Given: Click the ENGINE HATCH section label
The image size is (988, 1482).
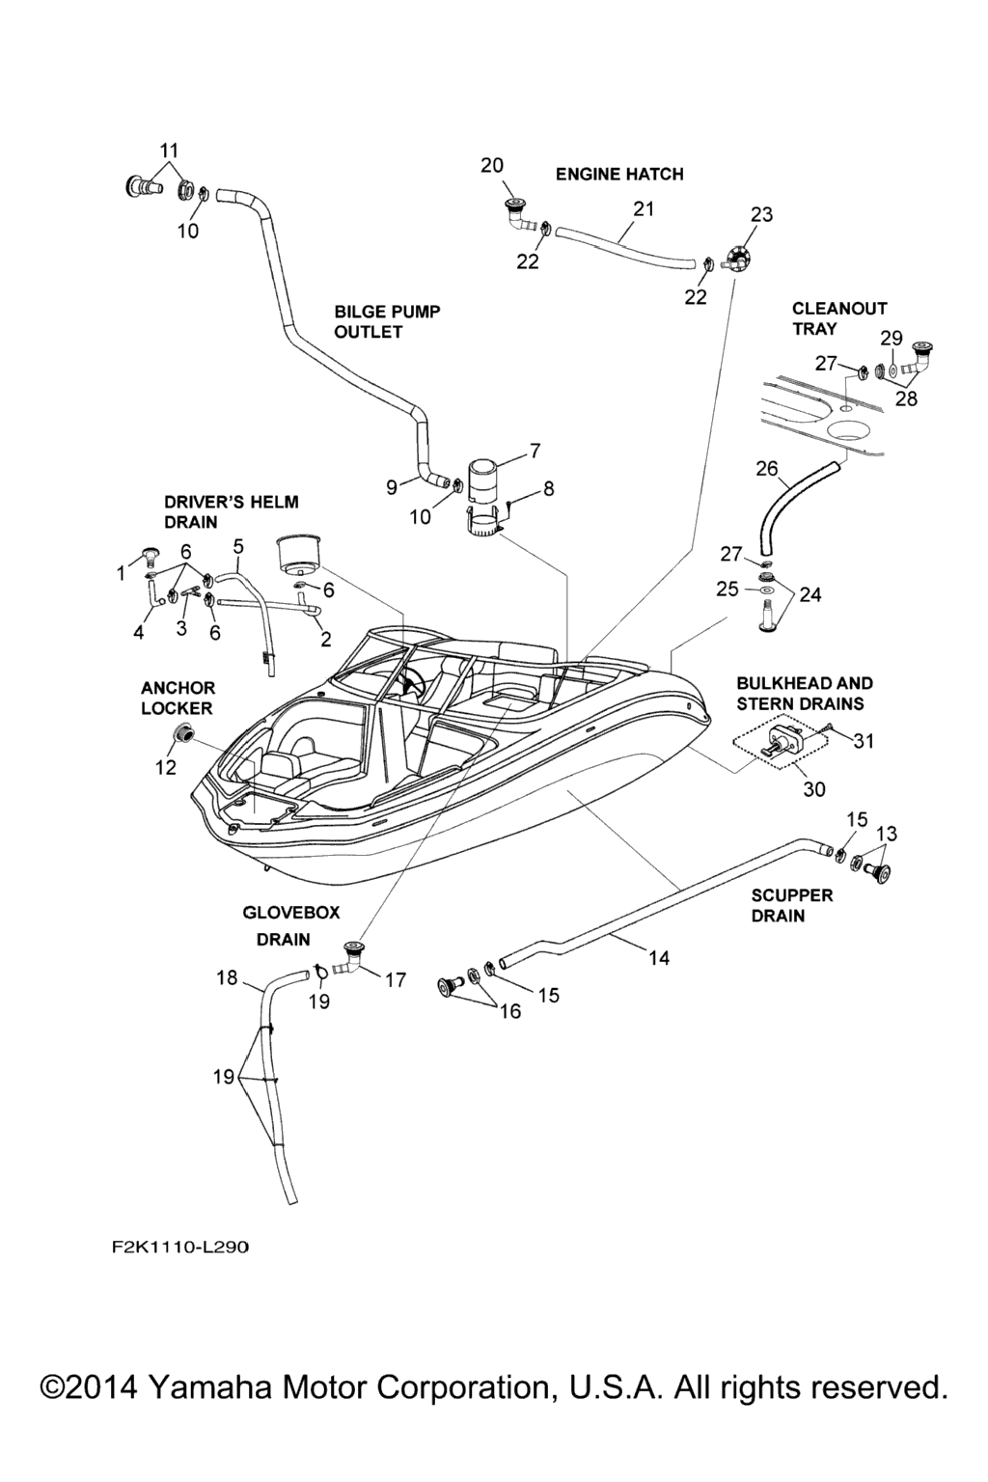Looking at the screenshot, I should (x=619, y=175).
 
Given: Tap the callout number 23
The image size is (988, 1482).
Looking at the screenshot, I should (x=761, y=214).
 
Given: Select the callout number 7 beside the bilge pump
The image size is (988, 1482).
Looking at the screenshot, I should (x=534, y=451).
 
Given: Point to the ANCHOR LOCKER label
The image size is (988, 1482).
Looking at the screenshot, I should (x=178, y=698).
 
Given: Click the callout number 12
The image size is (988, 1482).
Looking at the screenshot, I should (x=166, y=767).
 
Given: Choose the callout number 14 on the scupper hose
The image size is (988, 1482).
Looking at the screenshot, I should (x=659, y=958).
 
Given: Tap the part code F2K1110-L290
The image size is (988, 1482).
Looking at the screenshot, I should (x=179, y=1248).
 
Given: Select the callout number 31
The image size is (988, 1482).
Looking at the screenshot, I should (x=864, y=741).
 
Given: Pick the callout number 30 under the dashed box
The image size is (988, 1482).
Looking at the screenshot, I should (x=814, y=789).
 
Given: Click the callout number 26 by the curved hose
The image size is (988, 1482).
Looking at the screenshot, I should (x=767, y=469).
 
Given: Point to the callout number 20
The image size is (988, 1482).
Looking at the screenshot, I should (x=492, y=166).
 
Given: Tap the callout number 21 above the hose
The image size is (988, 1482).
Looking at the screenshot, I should (x=644, y=208).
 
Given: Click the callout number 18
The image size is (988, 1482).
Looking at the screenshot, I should (x=227, y=978).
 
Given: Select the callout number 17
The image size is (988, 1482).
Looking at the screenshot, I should (x=396, y=980).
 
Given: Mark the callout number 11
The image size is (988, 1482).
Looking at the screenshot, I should (x=169, y=151).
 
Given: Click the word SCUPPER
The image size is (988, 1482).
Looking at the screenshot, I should (x=791, y=895).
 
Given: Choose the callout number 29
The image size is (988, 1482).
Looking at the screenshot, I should (x=892, y=338).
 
